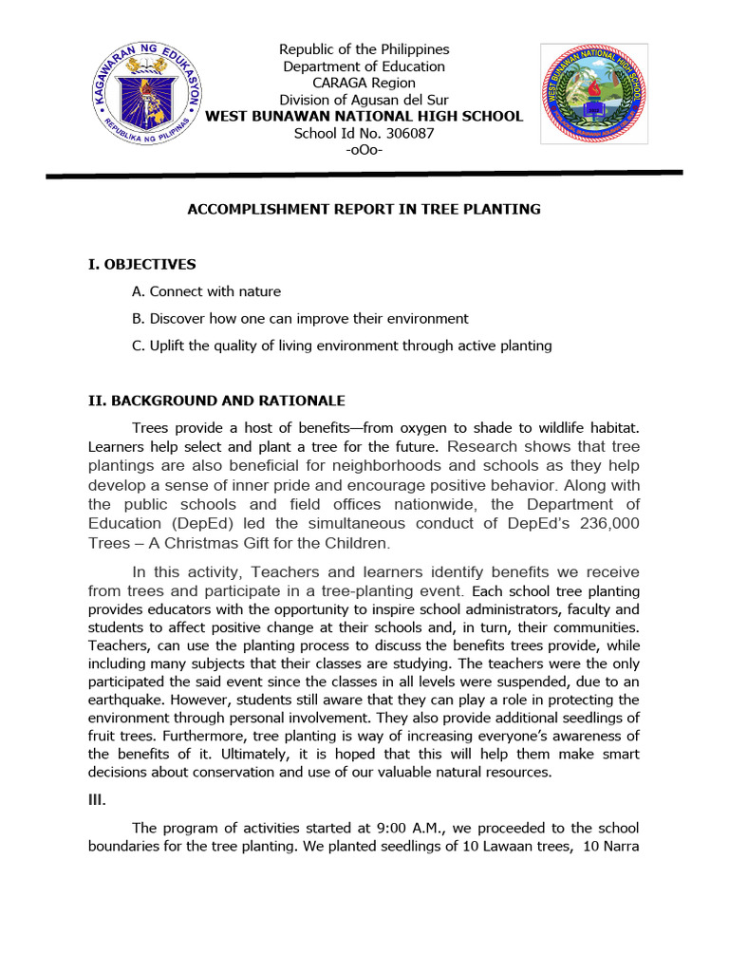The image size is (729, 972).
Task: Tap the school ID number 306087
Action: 364,134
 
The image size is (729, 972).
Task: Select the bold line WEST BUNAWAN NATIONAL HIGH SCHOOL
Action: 364,117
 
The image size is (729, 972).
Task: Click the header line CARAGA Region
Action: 364,84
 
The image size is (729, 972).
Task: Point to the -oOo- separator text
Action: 364,150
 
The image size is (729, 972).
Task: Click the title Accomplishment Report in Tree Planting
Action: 364,209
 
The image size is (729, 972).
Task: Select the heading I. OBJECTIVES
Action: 141,264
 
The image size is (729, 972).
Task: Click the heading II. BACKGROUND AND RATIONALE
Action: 216,401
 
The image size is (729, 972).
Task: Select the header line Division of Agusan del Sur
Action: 364,100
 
